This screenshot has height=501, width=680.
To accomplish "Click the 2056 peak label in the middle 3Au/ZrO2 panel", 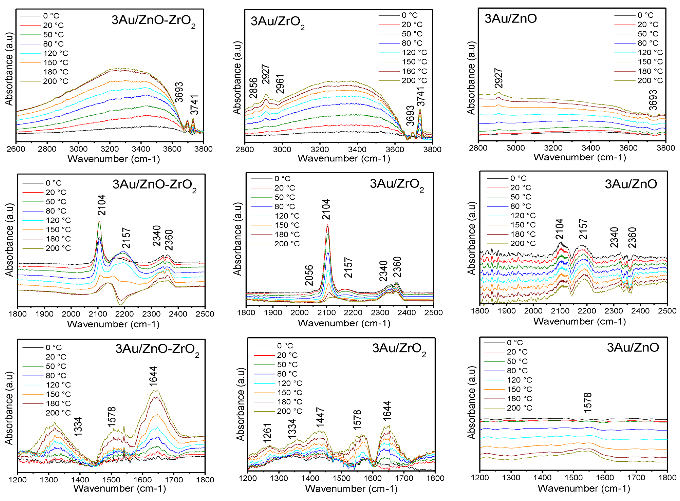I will (309, 275).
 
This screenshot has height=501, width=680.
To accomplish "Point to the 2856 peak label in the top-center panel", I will (253, 88).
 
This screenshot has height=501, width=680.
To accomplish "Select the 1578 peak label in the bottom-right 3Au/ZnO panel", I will (587, 403).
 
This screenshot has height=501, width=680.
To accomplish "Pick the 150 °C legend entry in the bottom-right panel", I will (519, 389).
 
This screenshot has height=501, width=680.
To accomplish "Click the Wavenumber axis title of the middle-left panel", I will (113, 324).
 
